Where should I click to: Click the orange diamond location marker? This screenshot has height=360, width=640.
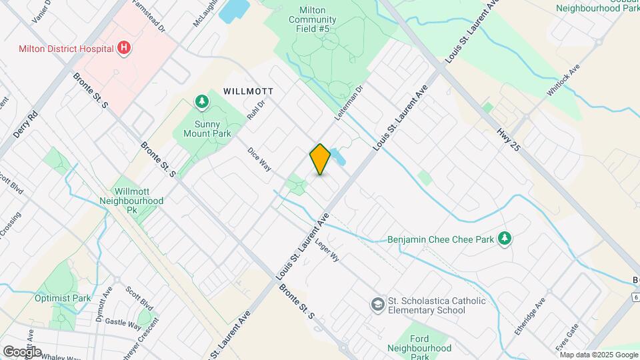pos(320,159)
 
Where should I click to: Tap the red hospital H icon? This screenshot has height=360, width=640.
pos(123,47)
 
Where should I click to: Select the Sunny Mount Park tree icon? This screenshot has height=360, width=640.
pos(201,101)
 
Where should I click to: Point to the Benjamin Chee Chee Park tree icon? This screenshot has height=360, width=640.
pos(505,238)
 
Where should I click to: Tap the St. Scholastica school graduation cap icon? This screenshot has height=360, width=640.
pos(378,304)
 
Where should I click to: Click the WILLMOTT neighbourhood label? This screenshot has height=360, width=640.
pos(249,91)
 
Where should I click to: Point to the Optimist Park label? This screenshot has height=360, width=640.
pos(63,299)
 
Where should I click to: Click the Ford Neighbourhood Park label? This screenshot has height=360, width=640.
pos(419,348)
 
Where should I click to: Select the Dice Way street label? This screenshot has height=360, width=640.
pos(259,160)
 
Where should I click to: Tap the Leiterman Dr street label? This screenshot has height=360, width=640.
pos(349,99)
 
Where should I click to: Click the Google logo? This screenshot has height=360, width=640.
pos(22,351)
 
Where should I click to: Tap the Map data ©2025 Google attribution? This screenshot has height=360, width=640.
pos(598,354)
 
